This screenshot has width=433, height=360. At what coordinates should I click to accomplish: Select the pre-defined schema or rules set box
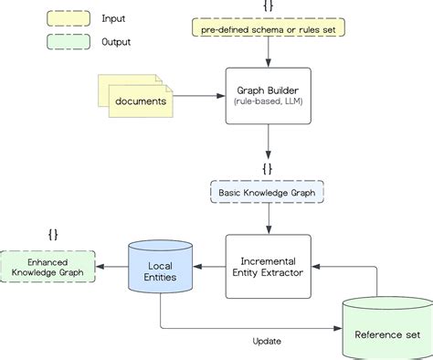(267, 28)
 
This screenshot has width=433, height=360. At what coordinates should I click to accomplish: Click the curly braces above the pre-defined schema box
(267, 6)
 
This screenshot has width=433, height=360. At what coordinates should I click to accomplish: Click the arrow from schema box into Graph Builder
(268, 53)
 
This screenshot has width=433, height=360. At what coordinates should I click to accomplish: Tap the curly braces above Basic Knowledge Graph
(268, 169)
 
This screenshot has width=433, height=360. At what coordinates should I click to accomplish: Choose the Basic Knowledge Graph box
(268, 193)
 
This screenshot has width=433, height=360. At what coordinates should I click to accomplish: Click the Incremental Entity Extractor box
(268, 266)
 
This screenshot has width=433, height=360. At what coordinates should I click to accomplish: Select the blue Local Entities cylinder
(161, 266)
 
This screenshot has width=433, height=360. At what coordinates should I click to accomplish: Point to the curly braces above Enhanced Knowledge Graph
(53, 234)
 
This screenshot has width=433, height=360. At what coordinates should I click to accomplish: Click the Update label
(267, 341)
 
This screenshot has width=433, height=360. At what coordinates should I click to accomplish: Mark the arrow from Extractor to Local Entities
(209, 266)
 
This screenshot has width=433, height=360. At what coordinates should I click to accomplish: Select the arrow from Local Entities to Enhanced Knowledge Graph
(112, 266)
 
